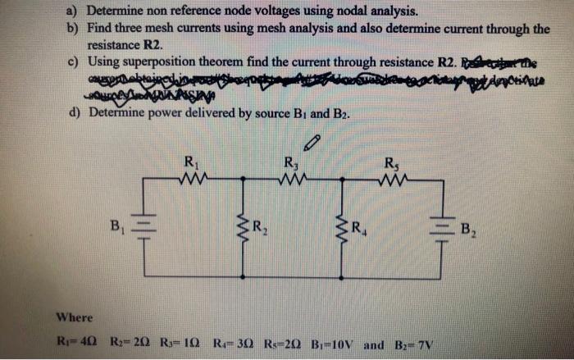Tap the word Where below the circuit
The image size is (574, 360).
tap(75, 317)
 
